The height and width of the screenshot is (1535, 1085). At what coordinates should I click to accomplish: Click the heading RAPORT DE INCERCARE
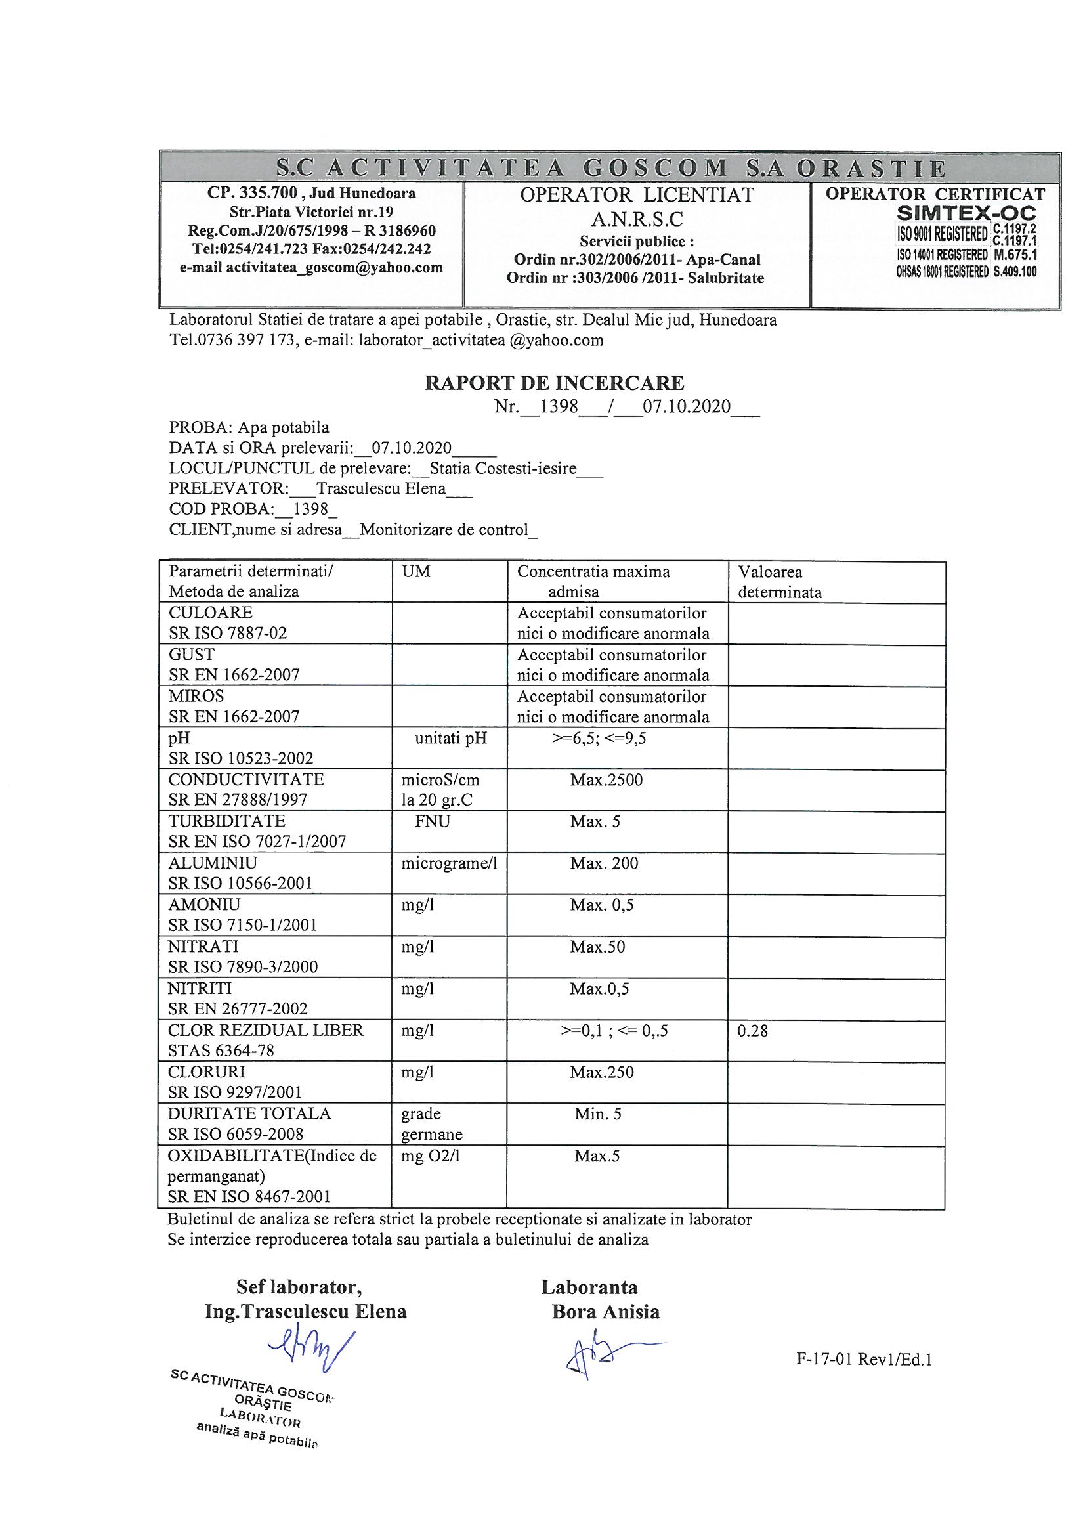pyautogui.click(x=554, y=383)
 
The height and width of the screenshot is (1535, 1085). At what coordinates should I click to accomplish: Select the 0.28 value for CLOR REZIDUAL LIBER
pyautogui.click(x=752, y=1031)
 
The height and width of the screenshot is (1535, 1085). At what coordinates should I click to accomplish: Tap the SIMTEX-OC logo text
pyautogui.click(x=967, y=214)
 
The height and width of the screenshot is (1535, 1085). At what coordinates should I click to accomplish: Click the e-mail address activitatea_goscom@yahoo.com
pyautogui.click(x=312, y=268)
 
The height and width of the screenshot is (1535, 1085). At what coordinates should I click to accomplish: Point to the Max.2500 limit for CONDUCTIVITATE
pyautogui.click(x=606, y=780)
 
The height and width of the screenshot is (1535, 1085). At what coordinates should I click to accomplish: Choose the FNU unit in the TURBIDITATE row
pyautogui.click(x=432, y=821)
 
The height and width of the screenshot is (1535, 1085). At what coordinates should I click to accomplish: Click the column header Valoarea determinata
pyautogui.click(x=780, y=582)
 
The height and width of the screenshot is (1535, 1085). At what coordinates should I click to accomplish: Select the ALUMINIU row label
pyautogui.click(x=213, y=863)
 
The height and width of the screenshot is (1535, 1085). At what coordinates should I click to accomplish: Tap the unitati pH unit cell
pyautogui.click(x=450, y=739)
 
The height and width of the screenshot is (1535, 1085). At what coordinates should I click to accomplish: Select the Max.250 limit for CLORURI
pyautogui.click(x=602, y=1072)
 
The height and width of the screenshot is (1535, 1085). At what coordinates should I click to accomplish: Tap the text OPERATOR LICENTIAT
pyautogui.click(x=637, y=195)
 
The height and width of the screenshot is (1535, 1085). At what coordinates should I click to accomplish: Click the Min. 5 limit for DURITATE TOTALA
pyautogui.click(x=598, y=1113)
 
